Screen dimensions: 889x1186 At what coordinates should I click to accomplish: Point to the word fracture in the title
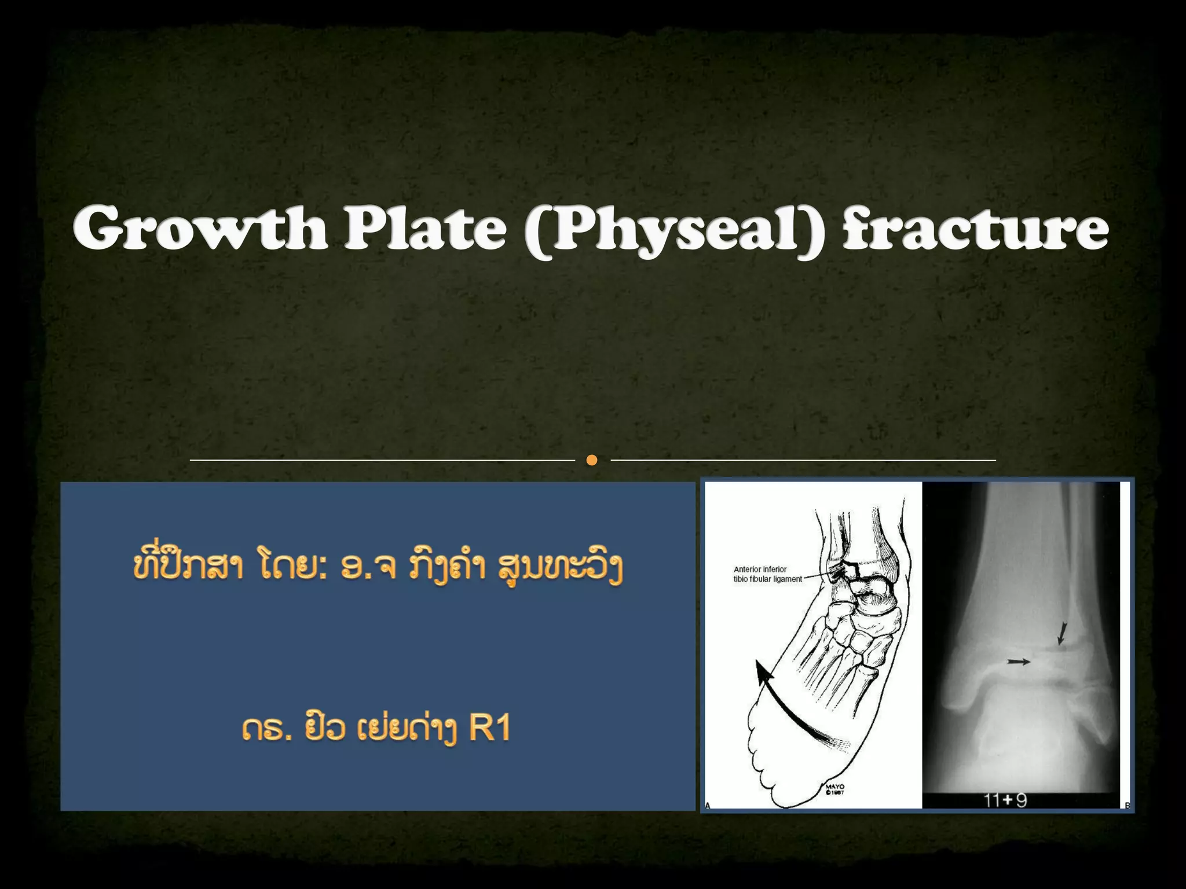click(975, 230)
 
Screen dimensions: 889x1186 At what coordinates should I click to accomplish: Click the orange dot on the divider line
click(591, 460)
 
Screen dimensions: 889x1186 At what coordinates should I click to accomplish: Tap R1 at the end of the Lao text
click(489, 729)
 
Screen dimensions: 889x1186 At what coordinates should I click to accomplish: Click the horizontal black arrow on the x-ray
click(1019, 661)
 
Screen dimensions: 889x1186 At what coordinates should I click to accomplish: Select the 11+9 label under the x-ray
click(1005, 801)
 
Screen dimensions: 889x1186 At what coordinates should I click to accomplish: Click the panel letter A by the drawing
click(708, 805)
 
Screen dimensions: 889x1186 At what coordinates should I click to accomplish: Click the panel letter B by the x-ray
click(1127, 805)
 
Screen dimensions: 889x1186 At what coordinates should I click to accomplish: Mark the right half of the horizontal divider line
click(803, 460)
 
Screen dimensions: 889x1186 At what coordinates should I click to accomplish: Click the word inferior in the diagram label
click(774, 570)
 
